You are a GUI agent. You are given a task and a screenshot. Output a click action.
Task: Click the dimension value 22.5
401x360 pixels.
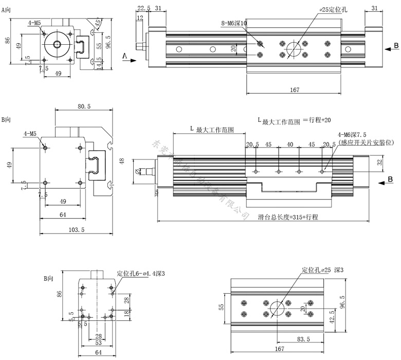tap(144, 8)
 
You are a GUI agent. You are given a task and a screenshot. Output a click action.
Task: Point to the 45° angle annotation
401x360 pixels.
tap(98, 23)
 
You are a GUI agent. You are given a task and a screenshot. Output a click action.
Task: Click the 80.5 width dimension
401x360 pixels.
tap(84, 106)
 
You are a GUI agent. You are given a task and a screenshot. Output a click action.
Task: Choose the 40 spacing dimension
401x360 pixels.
tap(290, 145)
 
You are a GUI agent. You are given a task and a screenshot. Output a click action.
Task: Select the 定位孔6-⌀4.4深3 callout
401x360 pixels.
tap(140, 273)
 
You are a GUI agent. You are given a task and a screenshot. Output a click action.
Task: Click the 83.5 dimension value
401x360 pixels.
tap(303, 339)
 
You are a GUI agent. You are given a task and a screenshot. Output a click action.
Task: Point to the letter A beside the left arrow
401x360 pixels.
tap(124, 54)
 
